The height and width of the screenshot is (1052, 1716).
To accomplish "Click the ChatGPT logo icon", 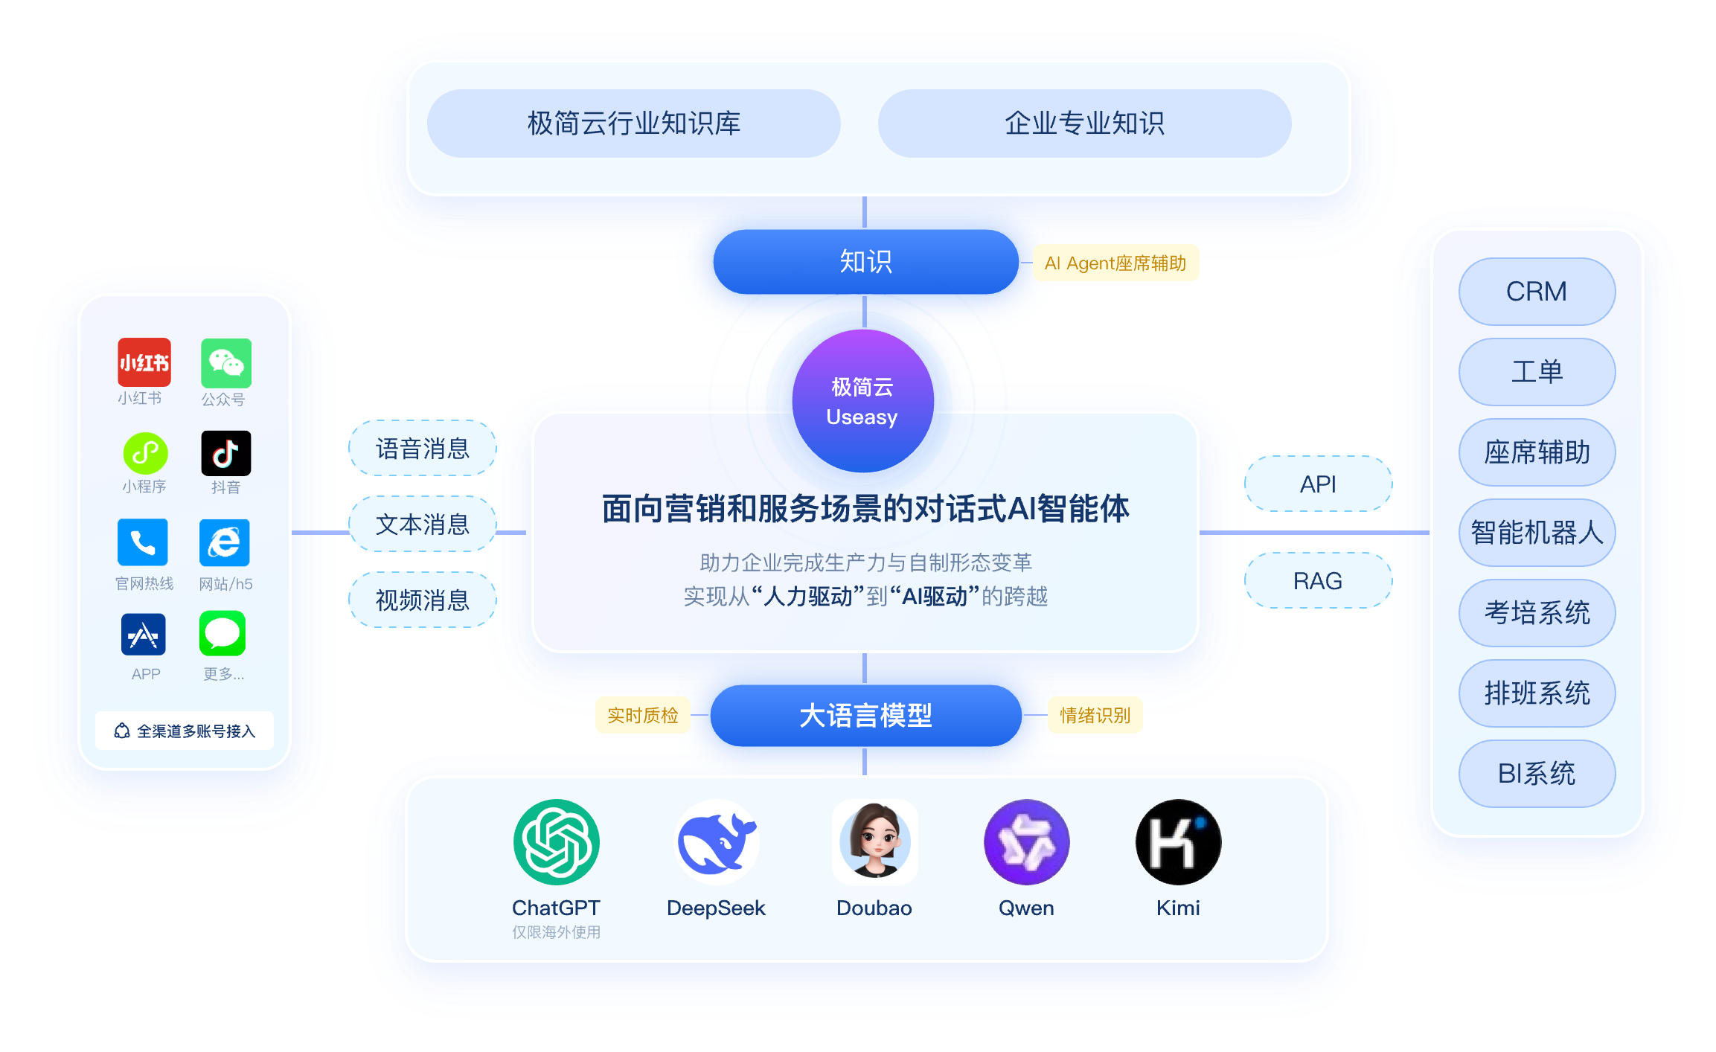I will coord(556,842).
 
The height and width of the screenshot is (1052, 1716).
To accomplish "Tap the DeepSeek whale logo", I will coord(717,842).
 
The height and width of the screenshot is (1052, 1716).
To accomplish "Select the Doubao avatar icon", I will coord(874,842).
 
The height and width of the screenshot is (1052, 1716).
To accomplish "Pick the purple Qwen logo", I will coord(1026,842).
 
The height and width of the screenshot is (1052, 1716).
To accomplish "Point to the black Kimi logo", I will coord(1178,842).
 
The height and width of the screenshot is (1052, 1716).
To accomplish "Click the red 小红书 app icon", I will coord(144,362).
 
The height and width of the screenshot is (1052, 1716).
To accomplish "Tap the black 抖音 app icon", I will coord(226,452).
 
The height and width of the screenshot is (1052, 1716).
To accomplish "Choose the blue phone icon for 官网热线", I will coord(143,542).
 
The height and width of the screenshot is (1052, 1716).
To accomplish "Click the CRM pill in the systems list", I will coord(1537,292).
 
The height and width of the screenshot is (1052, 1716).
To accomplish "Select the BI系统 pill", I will coord(1537,774).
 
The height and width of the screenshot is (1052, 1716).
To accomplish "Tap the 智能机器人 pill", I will coord(1537,533).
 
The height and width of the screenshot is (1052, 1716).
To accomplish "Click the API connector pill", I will coord(1318,484).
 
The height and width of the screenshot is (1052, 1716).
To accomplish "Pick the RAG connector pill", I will coord(1318,581).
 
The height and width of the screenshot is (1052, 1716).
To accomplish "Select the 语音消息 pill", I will coord(423,449).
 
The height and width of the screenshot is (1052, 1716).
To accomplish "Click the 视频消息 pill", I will coord(423,600).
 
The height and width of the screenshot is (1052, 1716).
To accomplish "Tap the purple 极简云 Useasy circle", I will coord(862,401).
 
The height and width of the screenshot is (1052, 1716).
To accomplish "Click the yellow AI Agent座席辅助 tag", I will coord(1115,263).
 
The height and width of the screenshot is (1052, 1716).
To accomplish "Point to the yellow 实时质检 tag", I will coord(643,716).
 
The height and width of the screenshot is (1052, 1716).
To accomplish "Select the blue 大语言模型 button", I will coord(865,716).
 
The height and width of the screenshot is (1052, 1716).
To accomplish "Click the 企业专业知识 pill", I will coord(1084,124).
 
